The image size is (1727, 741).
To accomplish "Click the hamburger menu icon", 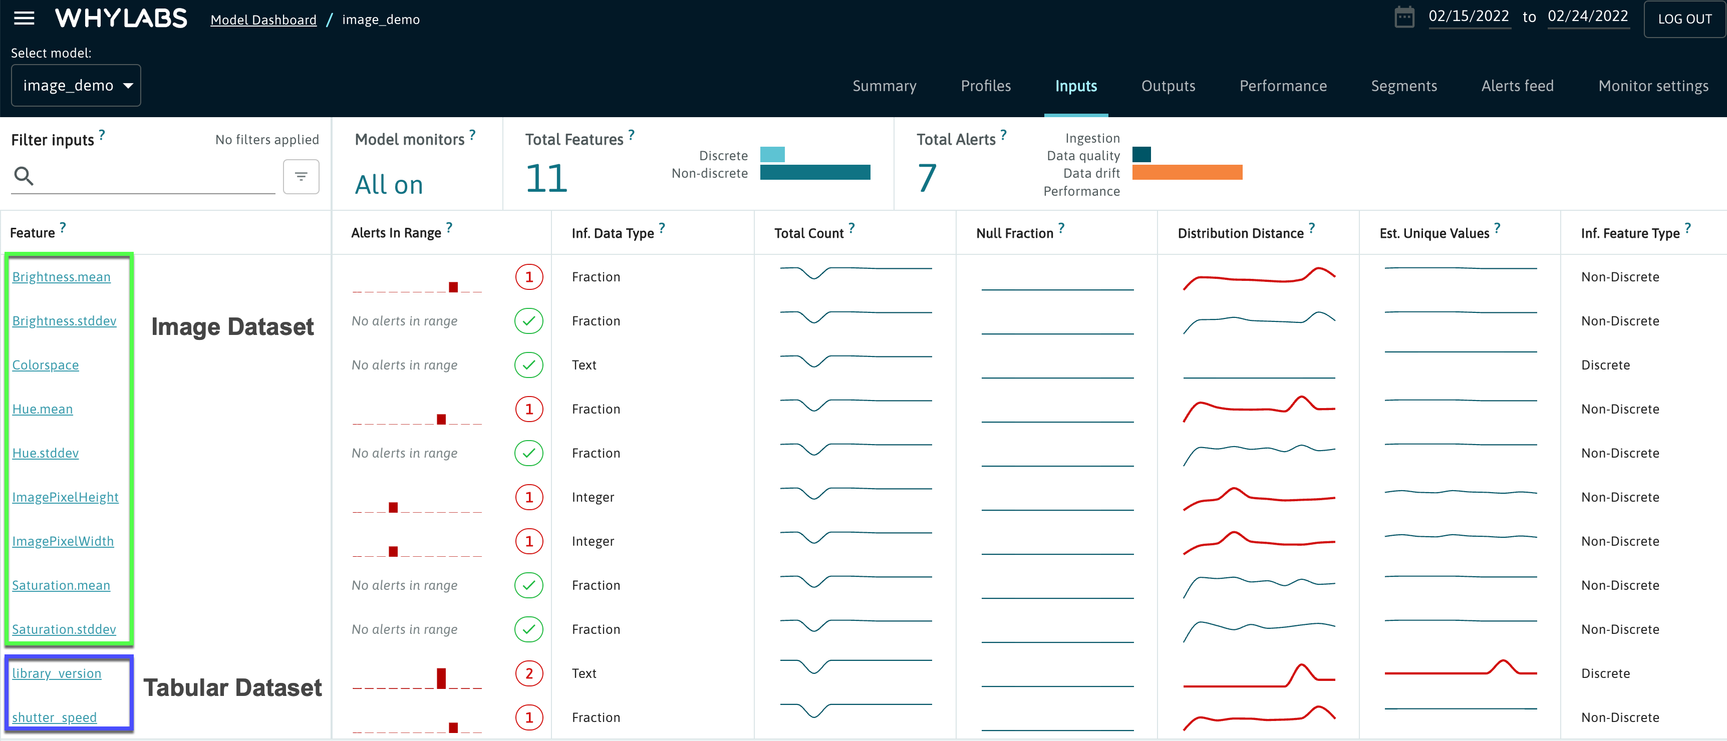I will pyautogui.click(x=24, y=18).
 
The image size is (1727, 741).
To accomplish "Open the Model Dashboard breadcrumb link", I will pyautogui.click(x=263, y=20).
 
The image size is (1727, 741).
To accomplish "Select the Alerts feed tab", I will pyautogui.click(x=1517, y=86).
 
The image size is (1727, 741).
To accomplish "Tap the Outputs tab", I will pyautogui.click(x=1168, y=86).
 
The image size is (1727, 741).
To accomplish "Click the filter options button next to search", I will pyautogui.click(x=301, y=176).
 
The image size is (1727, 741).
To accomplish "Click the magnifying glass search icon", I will pyautogui.click(x=24, y=176).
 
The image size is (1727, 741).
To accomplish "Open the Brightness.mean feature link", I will pyautogui.click(x=61, y=277).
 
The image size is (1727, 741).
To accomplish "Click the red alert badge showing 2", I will pyautogui.click(x=529, y=673).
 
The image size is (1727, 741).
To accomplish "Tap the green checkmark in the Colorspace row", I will pyautogui.click(x=529, y=364).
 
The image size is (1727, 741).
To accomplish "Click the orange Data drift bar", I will pyautogui.click(x=1187, y=173).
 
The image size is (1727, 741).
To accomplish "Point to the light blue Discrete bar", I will pyautogui.click(x=772, y=155).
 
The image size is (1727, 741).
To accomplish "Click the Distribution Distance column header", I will pyautogui.click(x=1240, y=233).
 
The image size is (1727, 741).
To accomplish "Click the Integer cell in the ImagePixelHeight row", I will pyautogui.click(x=593, y=497).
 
